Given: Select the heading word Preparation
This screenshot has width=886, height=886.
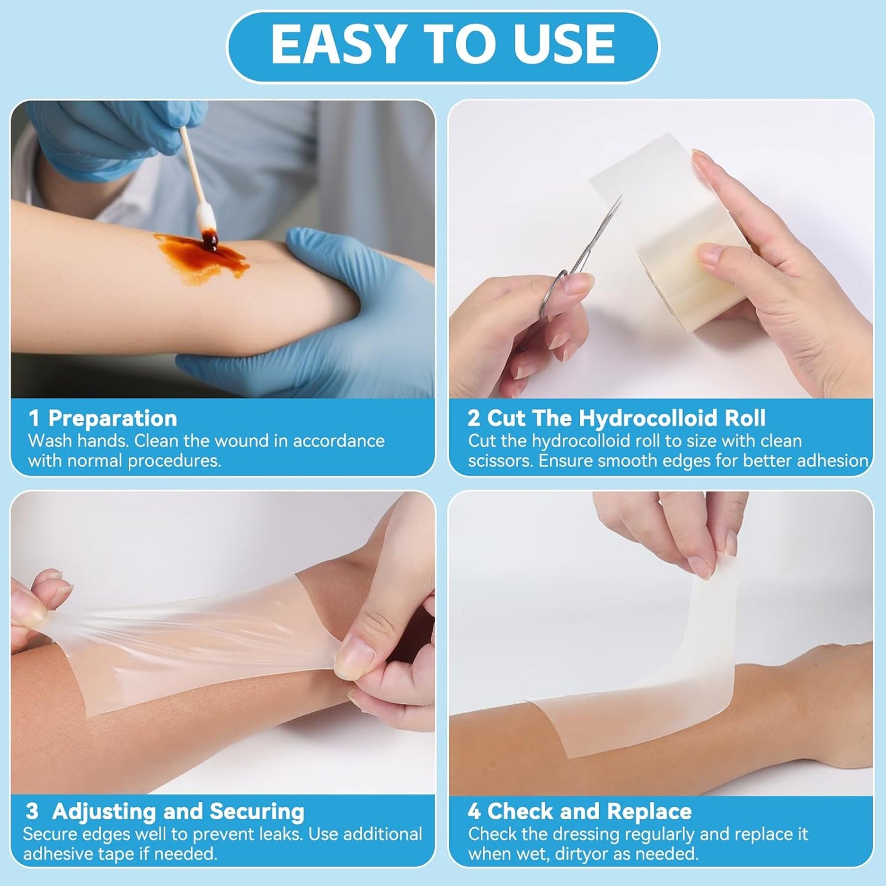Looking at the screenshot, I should pyautogui.click(x=112, y=419).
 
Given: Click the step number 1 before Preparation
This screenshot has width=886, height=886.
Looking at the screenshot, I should pyautogui.click(x=34, y=419).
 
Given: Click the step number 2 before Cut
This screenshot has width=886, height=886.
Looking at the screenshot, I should pyautogui.click(x=473, y=419).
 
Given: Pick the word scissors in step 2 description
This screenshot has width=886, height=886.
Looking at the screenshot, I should pyautogui.click(x=500, y=461).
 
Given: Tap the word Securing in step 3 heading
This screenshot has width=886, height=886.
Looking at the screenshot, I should pyautogui.click(x=256, y=812).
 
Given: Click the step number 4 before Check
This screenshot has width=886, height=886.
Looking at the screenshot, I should pyautogui.click(x=473, y=812).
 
